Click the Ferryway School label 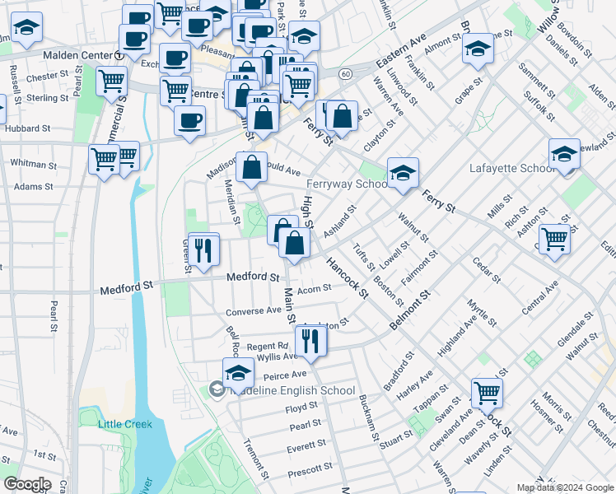pos(346,184)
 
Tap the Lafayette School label pos(510,168)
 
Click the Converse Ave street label pos(254,311)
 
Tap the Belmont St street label pos(411,310)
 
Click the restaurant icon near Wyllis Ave pos(309,341)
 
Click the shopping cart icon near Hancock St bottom pos(487,394)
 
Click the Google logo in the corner pos(27,484)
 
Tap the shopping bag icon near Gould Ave pos(251,169)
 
